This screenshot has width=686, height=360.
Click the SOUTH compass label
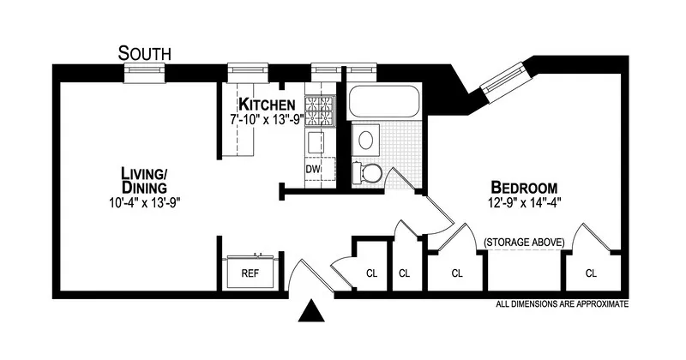click(145, 53)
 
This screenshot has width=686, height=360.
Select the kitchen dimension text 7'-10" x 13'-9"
click(268, 121)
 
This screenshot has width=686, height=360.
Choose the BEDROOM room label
click(524, 188)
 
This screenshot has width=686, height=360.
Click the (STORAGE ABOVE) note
click(524, 243)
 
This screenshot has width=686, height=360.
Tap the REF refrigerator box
click(250, 273)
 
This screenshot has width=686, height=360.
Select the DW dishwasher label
click(313, 170)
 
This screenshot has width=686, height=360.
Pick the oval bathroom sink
click(367, 139)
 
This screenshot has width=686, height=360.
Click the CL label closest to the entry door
click(371, 274)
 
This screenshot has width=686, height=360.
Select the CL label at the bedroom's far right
click(591, 274)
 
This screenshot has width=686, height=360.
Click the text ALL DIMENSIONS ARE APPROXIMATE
click(563, 304)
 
